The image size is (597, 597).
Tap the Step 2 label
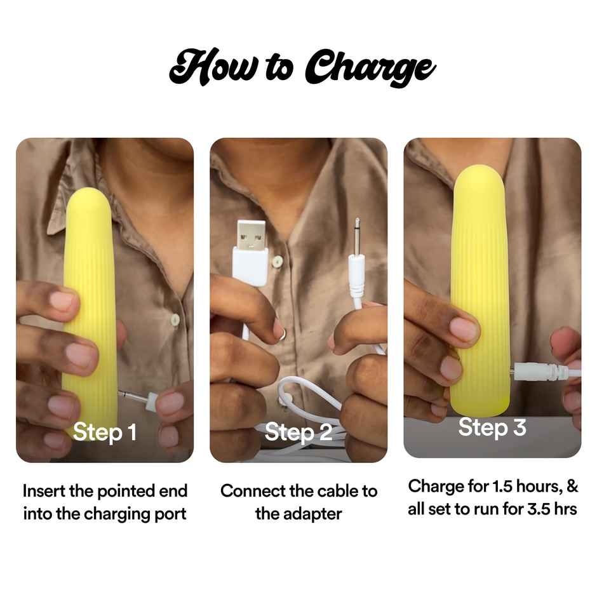click(298, 433)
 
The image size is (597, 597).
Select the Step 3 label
click(492, 427)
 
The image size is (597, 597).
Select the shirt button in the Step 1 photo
click(175, 319)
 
